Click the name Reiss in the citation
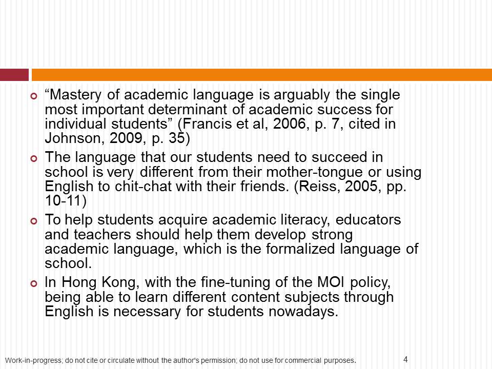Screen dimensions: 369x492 pyautogui.click(x=303, y=186)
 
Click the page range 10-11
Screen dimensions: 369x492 pyautogui.click(x=65, y=200)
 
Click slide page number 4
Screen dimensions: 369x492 pyautogui.click(x=405, y=359)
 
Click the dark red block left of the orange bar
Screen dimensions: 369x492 pyautogui.click(x=14, y=75)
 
